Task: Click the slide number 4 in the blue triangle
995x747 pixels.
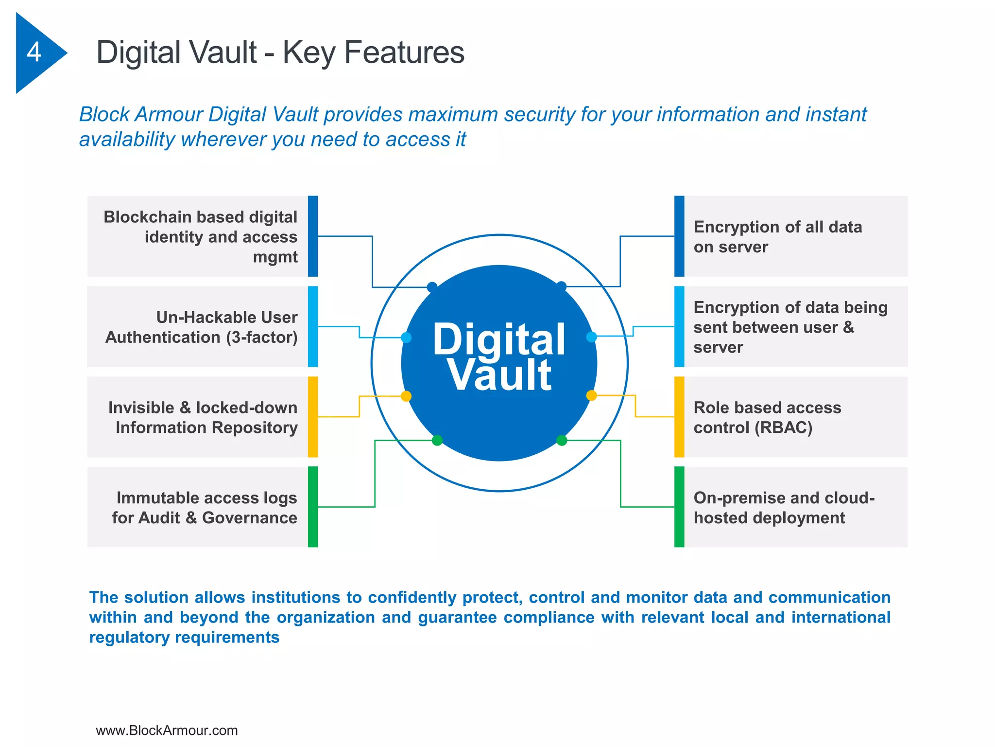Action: (x=34, y=52)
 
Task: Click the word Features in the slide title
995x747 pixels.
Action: (x=404, y=53)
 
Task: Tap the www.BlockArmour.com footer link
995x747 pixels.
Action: (x=167, y=730)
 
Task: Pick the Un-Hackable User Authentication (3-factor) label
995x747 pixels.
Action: (x=202, y=327)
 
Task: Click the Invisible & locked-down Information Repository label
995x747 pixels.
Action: (x=203, y=417)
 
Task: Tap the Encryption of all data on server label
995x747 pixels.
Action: (x=777, y=237)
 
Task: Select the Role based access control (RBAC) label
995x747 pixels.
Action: (x=767, y=417)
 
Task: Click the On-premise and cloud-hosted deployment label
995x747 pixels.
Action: (x=783, y=508)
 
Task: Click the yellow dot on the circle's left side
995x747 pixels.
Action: (x=406, y=396)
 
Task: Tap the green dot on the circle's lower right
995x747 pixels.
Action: (x=562, y=441)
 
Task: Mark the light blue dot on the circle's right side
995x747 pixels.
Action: (x=591, y=337)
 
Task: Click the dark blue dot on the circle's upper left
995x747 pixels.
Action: (x=432, y=287)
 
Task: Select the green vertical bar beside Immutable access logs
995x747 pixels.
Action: (x=313, y=507)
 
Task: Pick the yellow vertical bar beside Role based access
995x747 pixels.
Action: (x=679, y=417)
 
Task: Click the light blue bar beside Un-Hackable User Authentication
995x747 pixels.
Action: (x=313, y=326)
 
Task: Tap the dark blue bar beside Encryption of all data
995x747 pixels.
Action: (x=679, y=236)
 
